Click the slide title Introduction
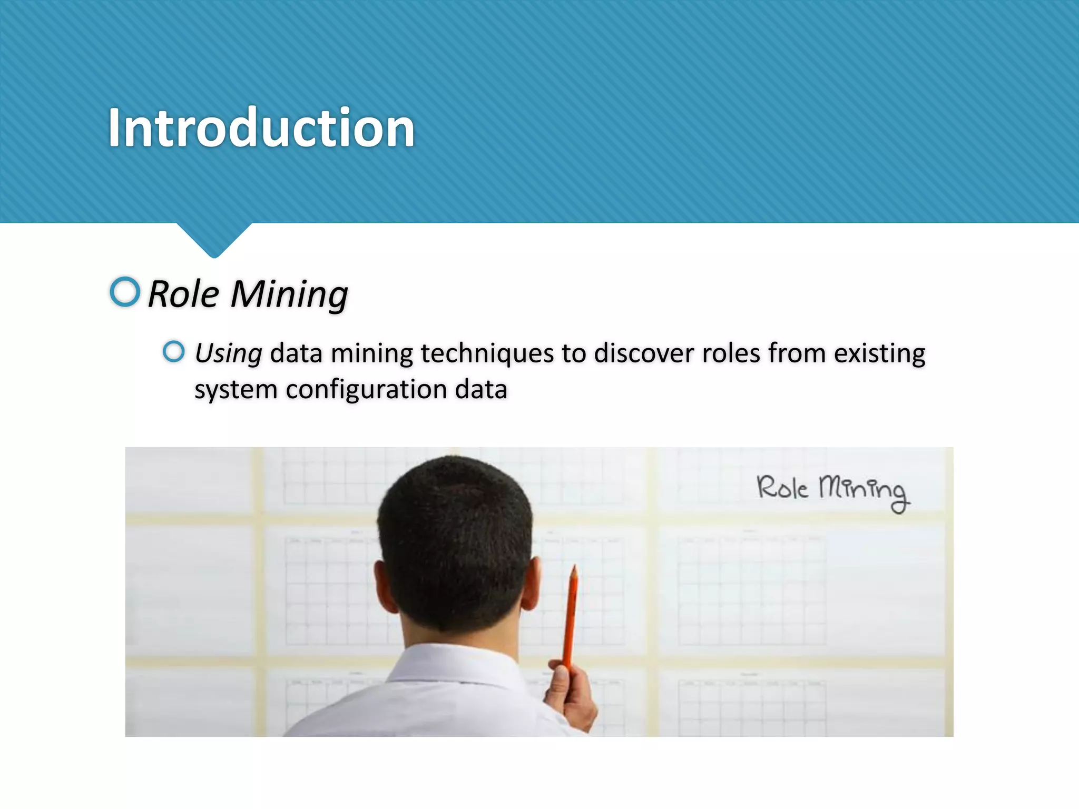[x=261, y=128]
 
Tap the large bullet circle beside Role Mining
[x=125, y=292]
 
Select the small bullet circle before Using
[x=173, y=352]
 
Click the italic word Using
[x=228, y=354]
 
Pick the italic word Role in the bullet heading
[x=183, y=294]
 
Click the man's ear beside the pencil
[x=531, y=585]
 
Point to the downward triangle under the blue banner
[x=214, y=240]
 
